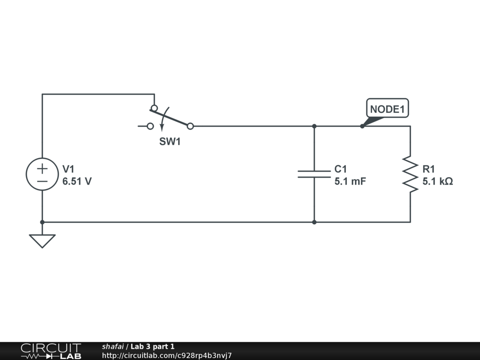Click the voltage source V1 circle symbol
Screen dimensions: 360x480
click(x=42, y=174)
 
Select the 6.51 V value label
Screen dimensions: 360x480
click(x=77, y=181)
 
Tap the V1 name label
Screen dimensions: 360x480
click(x=68, y=169)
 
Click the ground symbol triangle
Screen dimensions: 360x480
click(x=42, y=240)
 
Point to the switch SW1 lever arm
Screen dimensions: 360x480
click(x=171, y=117)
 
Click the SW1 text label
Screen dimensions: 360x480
click(x=170, y=142)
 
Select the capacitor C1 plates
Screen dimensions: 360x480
click(x=314, y=174)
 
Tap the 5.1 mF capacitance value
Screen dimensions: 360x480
click(x=350, y=181)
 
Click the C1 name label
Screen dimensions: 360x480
click(x=341, y=169)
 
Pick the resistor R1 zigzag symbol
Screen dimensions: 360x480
click(x=410, y=174)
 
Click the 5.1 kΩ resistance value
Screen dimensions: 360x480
click(x=437, y=181)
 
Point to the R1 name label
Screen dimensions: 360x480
click(x=428, y=169)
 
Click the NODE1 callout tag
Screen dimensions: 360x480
click(x=387, y=109)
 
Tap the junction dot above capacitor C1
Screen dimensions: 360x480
click(x=314, y=126)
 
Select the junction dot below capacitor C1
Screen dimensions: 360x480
click(x=314, y=222)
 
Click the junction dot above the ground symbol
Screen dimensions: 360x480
click(x=42, y=222)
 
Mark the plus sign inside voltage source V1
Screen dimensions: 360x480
click(x=42, y=168)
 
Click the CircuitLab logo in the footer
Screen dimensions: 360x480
click(x=51, y=351)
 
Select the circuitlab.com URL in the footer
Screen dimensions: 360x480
click(x=167, y=355)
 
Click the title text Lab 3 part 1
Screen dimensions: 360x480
click(x=152, y=346)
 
